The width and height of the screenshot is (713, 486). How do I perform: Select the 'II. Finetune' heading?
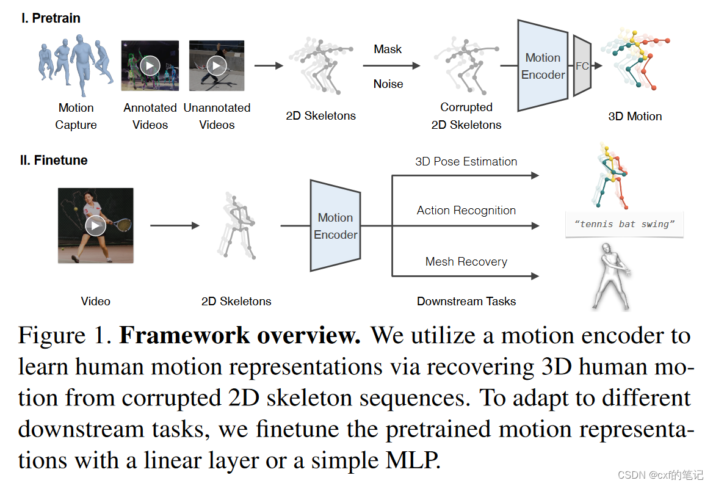click(x=54, y=161)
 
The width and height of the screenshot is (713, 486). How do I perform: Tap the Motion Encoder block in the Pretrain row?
click(x=543, y=66)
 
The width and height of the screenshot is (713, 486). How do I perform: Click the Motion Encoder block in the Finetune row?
click(x=335, y=226)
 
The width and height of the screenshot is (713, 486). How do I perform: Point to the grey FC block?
click(x=582, y=66)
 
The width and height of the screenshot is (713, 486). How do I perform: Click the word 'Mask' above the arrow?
click(x=388, y=49)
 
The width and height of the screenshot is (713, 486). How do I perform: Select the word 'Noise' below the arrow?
click(x=388, y=84)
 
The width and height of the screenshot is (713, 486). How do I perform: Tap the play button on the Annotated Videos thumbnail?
click(x=150, y=65)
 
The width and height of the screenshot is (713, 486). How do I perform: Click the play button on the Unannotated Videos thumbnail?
click(x=217, y=65)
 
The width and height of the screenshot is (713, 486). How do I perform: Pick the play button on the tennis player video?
click(x=95, y=225)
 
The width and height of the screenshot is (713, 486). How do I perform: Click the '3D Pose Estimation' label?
click(x=466, y=162)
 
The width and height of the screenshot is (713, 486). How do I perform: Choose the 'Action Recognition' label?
click(x=466, y=211)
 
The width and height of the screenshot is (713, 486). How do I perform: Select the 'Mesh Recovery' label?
click(x=466, y=262)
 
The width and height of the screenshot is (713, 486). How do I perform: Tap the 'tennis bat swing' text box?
click(x=624, y=224)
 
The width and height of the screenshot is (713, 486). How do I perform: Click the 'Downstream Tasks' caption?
click(x=466, y=301)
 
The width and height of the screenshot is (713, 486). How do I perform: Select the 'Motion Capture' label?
click(x=76, y=116)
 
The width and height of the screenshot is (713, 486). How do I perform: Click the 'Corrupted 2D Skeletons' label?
click(x=466, y=116)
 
